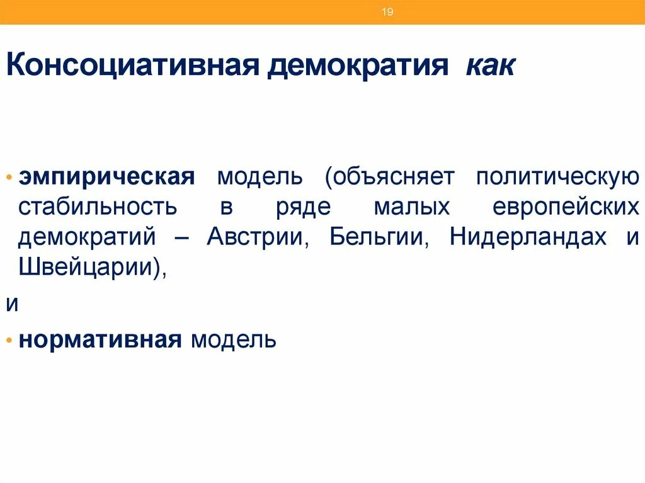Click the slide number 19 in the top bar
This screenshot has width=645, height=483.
(387, 12)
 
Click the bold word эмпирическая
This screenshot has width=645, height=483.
(106, 177)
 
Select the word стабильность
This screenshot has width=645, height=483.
(98, 207)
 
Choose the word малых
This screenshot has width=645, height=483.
(411, 207)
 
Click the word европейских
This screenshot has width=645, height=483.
(565, 207)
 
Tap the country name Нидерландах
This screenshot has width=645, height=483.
(528, 238)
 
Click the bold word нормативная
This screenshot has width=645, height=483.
(101, 341)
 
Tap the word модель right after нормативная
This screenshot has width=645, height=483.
(234, 341)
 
